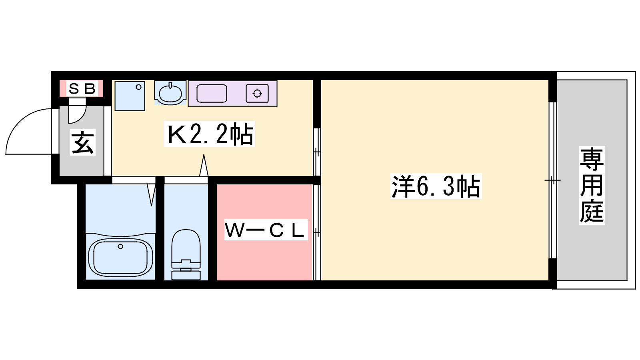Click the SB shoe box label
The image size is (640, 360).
coord(82,89)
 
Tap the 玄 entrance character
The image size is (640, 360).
coord(82,142)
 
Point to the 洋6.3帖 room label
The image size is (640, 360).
coord(436,186)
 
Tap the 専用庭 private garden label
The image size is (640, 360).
coord(592,185)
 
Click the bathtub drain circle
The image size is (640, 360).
coord(120,246)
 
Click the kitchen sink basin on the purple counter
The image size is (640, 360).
coord(212,94)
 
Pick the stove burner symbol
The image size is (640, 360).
coord(257,94)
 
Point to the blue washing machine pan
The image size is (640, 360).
coord(130,96)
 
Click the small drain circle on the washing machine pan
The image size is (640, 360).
coord(138,87)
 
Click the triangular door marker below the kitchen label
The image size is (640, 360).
coord(204,165)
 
